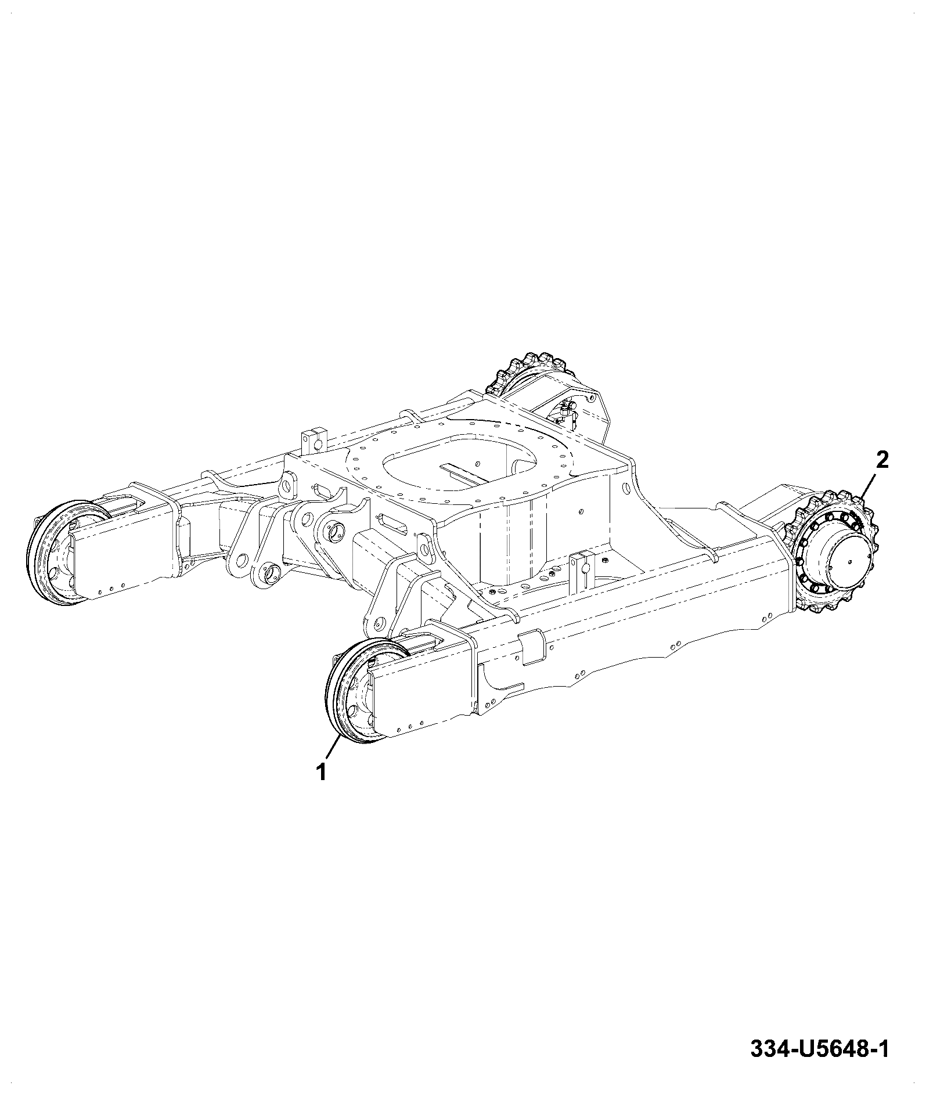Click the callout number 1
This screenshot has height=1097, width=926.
coord(320,772)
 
